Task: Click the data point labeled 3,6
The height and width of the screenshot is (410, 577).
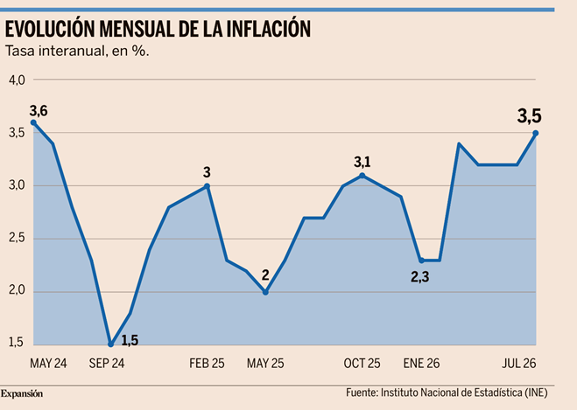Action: tap(33, 122)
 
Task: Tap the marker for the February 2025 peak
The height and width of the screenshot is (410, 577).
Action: tap(207, 186)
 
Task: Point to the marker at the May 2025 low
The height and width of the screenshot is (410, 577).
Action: tap(265, 293)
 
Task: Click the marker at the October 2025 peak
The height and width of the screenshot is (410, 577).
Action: tap(362, 176)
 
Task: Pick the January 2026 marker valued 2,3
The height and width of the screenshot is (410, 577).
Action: tap(421, 261)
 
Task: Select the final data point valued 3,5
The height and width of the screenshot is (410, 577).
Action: tap(536, 133)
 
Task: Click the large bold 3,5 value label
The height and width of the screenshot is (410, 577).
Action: tap(529, 116)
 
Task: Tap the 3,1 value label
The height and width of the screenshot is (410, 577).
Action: tap(362, 162)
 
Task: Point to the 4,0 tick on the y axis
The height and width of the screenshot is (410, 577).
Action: tap(17, 80)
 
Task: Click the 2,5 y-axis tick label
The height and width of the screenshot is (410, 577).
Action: tap(17, 238)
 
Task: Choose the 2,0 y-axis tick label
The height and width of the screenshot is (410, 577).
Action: tap(17, 290)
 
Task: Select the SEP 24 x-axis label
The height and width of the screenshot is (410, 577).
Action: tap(107, 364)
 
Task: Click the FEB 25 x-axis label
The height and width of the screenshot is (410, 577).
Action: tap(207, 364)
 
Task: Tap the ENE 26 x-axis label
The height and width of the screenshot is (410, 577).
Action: tap(421, 364)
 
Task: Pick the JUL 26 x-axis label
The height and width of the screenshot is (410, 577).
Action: tap(519, 364)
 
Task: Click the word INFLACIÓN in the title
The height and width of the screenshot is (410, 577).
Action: tap(269, 29)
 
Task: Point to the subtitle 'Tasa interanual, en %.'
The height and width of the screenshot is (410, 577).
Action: tap(77, 51)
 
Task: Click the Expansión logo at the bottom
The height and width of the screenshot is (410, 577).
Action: tap(22, 394)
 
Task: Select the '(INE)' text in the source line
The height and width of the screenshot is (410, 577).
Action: tap(536, 393)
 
